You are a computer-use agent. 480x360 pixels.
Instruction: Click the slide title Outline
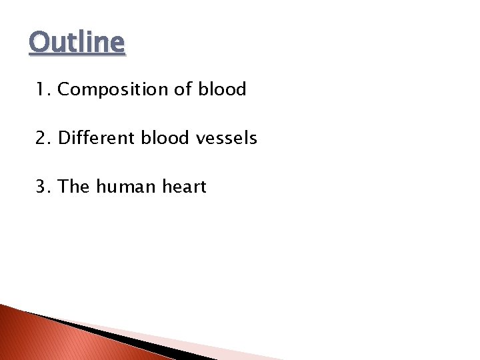click(77, 43)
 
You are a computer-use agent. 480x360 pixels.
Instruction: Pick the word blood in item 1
click(222, 89)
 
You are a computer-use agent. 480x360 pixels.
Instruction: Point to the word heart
click(182, 187)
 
